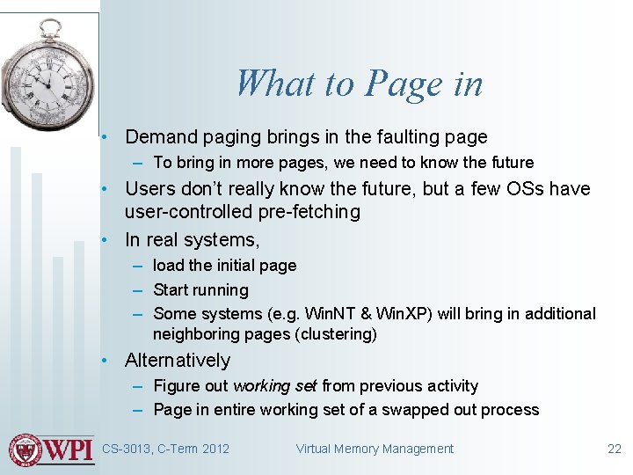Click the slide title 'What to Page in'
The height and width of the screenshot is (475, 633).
359,84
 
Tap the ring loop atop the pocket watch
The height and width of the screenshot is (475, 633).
52,27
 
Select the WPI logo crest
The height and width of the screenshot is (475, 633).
25,449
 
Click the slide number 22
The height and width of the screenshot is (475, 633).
614,449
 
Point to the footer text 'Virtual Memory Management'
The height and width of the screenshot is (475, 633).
375,449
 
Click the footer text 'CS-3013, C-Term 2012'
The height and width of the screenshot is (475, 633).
165,449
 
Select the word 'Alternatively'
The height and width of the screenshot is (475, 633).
178,361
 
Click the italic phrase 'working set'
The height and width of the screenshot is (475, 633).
275,386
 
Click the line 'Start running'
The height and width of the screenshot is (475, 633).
200,290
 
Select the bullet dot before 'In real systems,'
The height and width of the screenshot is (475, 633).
105,240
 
